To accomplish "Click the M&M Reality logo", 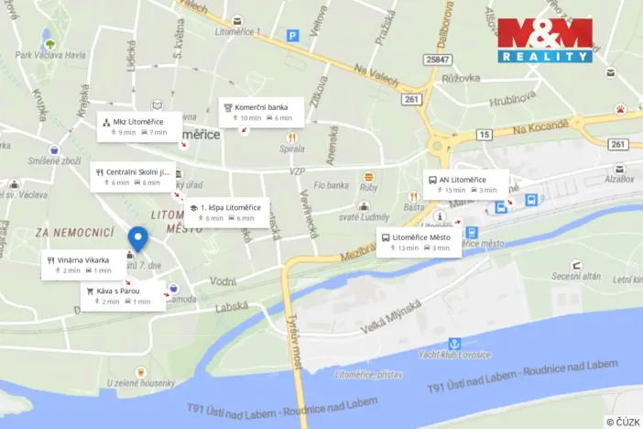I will click(x=545, y=40).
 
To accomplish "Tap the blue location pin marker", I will click(x=137, y=239).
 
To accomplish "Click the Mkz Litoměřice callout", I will click(x=139, y=126).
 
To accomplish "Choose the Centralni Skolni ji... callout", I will click(x=133, y=177).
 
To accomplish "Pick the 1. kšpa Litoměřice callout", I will click(x=223, y=213).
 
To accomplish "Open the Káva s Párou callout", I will click(x=124, y=296).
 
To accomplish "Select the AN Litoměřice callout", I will click(x=467, y=184).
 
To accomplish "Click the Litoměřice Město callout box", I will click(x=419, y=243).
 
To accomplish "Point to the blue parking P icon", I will click(x=293, y=36).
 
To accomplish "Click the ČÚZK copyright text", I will click(x=622, y=422).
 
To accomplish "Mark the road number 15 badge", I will click(x=483, y=135).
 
